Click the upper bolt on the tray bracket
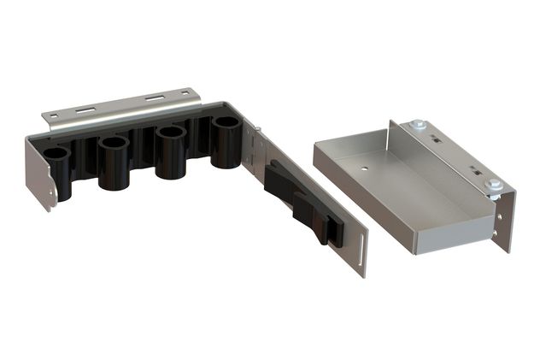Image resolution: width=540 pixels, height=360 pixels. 419,127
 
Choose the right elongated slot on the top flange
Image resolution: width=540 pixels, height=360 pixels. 154,97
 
